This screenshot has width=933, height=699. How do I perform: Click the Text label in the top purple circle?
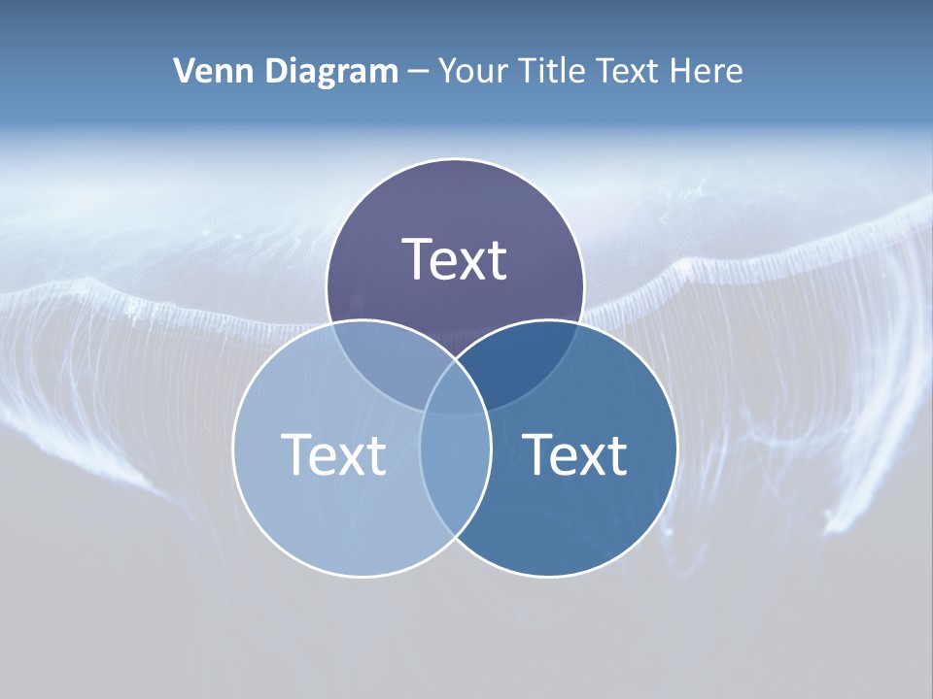[x=455, y=259]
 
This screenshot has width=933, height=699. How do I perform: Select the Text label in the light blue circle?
[x=333, y=454]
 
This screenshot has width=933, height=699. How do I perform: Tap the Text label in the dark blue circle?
[x=574, y=454]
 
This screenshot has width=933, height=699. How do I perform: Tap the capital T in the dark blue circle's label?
[x=536, y=454]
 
